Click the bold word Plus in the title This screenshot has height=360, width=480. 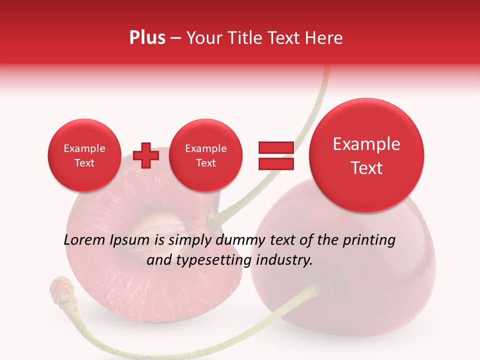147,38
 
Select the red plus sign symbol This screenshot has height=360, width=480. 146,155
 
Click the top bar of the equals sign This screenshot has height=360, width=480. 275,147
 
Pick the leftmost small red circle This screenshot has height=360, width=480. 84,155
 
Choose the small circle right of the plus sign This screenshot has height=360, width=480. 205,155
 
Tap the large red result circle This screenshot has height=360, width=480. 366,155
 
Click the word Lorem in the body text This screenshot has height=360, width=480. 84,240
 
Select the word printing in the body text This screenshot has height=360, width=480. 369,240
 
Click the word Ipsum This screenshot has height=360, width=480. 130,240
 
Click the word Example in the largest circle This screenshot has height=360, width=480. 366,144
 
